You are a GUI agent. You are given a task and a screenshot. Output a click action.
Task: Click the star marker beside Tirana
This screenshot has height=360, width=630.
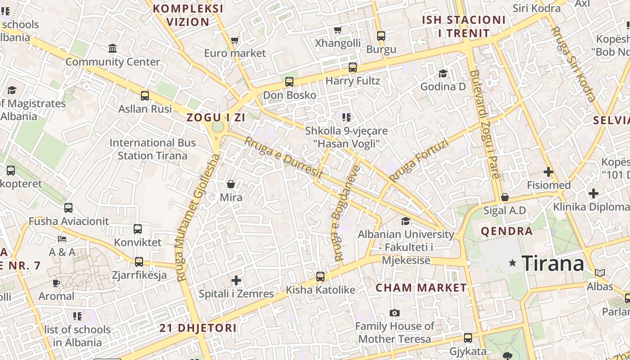[512, 263]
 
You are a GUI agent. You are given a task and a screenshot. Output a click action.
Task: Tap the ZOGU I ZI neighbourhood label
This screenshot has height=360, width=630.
[216, 117]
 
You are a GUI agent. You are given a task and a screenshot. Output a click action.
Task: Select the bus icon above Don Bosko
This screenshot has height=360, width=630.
[289, 82]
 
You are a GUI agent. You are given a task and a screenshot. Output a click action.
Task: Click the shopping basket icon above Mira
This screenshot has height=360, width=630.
[231, 184]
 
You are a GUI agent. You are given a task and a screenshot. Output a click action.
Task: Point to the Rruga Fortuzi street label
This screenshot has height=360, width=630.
[419, 160]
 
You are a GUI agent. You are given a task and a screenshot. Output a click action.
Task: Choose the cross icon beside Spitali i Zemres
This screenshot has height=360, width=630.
[236, 281]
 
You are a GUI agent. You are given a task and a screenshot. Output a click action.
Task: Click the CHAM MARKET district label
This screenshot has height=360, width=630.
[421, 288]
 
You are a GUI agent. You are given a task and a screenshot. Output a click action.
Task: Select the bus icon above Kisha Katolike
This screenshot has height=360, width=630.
[320, 277]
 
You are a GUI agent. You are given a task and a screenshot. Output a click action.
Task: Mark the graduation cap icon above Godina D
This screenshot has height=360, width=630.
[443, 73]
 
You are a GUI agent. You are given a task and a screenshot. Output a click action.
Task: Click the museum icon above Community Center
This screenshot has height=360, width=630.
[112, 48]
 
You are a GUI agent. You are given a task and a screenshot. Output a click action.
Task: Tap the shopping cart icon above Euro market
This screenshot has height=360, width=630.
[234, 40]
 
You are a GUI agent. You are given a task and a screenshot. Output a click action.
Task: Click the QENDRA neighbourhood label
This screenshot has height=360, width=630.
[507, 231]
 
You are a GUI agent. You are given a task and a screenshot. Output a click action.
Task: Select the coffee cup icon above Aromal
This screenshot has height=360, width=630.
[56, 283]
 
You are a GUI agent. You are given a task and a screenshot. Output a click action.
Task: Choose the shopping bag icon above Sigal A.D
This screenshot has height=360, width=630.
[505, 197]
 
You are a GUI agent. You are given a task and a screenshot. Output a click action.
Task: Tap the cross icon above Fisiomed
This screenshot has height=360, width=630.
[548, 172]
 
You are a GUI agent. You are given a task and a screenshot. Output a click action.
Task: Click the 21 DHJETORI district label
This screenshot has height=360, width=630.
[198, 328]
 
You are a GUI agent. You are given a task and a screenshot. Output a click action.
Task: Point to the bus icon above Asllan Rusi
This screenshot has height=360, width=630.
[145, 96]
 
